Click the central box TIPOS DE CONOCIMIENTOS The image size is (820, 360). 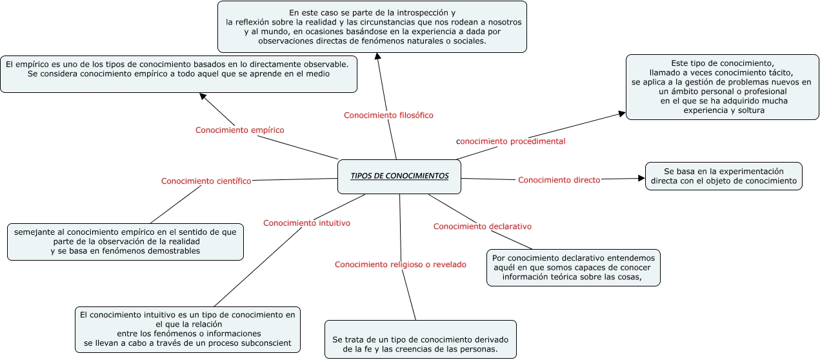(399, 176)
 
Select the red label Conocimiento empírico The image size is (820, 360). (239, 130)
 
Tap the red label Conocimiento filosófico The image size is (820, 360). (388, 115)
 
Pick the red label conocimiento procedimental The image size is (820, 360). (510, 141)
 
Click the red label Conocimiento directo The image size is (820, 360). (559, 180)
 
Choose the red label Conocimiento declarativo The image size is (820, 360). (482, 226)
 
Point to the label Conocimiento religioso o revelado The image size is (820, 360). (400, 265)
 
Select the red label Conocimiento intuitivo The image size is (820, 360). (306, 223)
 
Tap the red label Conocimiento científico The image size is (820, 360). (206, 181)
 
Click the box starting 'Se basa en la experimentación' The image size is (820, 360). (723, 176)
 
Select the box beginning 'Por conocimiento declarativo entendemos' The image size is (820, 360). (574, 268)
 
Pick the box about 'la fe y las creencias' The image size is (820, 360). (420, 339)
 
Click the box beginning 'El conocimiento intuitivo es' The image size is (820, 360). (188, 329)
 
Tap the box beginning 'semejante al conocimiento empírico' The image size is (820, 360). (125, 241)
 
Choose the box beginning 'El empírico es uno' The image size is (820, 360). (179, 74)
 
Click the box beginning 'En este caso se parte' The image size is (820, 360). (372, 26)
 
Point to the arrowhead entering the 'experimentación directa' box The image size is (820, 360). (641, 178)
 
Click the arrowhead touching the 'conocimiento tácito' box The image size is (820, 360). (622, 114)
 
